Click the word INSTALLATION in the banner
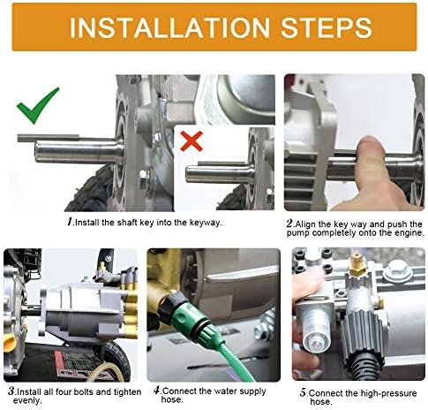pos(169,27)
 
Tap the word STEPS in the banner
pos(327,27)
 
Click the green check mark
pos(37,105)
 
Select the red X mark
pos(191,140)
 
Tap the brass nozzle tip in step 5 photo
pos(357,262)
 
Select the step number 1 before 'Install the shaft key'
pos(70,222)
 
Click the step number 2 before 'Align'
pos(290,224)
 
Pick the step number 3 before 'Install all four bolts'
pos(11,391)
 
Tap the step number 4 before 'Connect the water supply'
pos(157,391)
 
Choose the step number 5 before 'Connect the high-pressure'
pos(304,392)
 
